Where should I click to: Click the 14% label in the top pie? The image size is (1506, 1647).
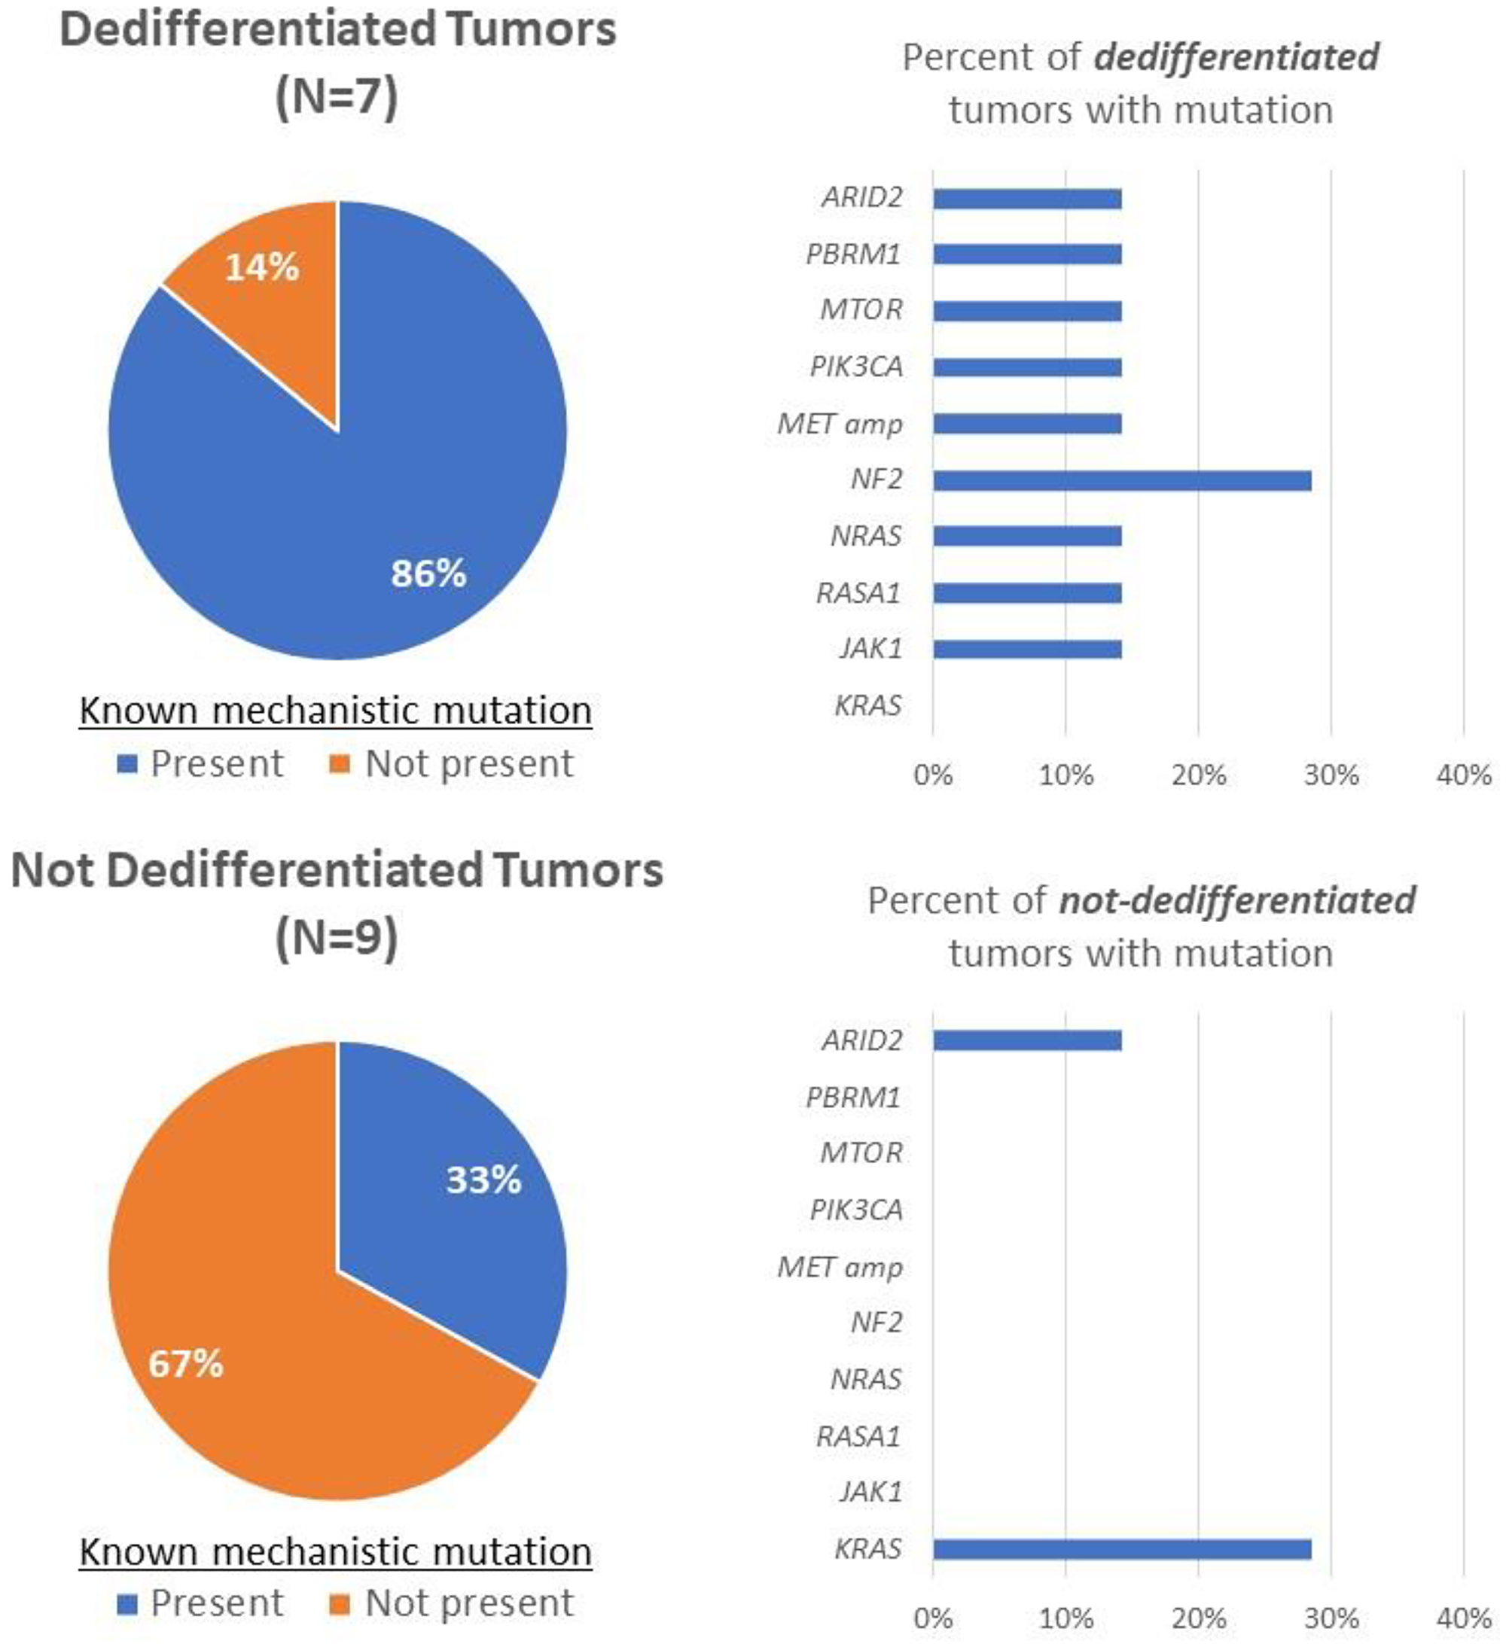261,267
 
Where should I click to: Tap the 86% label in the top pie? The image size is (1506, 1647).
428,573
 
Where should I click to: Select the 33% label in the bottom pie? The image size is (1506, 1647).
483,1180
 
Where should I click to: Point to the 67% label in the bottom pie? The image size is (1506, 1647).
185,1363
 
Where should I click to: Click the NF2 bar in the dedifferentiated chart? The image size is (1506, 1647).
1121,480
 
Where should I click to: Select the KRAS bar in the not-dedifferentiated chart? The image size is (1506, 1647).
1121,1549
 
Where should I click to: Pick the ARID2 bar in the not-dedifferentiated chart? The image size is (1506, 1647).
1027,1040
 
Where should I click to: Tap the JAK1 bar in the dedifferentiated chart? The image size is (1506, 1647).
1027,650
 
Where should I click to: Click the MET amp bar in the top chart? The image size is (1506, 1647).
1027,424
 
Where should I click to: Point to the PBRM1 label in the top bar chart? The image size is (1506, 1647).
853,254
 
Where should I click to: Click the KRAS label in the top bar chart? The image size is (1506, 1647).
867,705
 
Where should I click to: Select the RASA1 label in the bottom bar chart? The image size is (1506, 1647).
858,1435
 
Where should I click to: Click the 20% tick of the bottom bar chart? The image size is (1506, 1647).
1198,1618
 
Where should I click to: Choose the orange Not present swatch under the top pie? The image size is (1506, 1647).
339,764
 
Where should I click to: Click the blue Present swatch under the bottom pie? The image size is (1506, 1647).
127,1603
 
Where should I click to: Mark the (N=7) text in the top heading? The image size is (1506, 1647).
337,96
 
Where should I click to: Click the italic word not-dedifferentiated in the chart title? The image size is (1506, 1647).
1236,900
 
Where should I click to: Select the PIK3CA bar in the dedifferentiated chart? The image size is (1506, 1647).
1027,367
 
